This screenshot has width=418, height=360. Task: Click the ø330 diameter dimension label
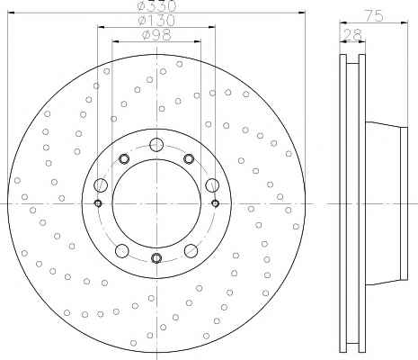point(156,6)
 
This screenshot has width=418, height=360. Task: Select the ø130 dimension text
point(156,21)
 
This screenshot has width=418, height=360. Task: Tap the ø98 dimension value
point(156,35)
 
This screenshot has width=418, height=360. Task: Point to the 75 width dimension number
point(373,15)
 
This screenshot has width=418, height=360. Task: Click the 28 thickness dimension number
point(352,35)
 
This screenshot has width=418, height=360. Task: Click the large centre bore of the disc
point(156,203)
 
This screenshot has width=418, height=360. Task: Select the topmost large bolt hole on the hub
point(156,145)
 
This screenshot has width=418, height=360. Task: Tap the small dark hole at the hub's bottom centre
point(156,257)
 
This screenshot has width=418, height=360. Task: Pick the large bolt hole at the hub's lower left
point(122,251)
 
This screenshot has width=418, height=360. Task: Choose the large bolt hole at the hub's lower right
point(191,251)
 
